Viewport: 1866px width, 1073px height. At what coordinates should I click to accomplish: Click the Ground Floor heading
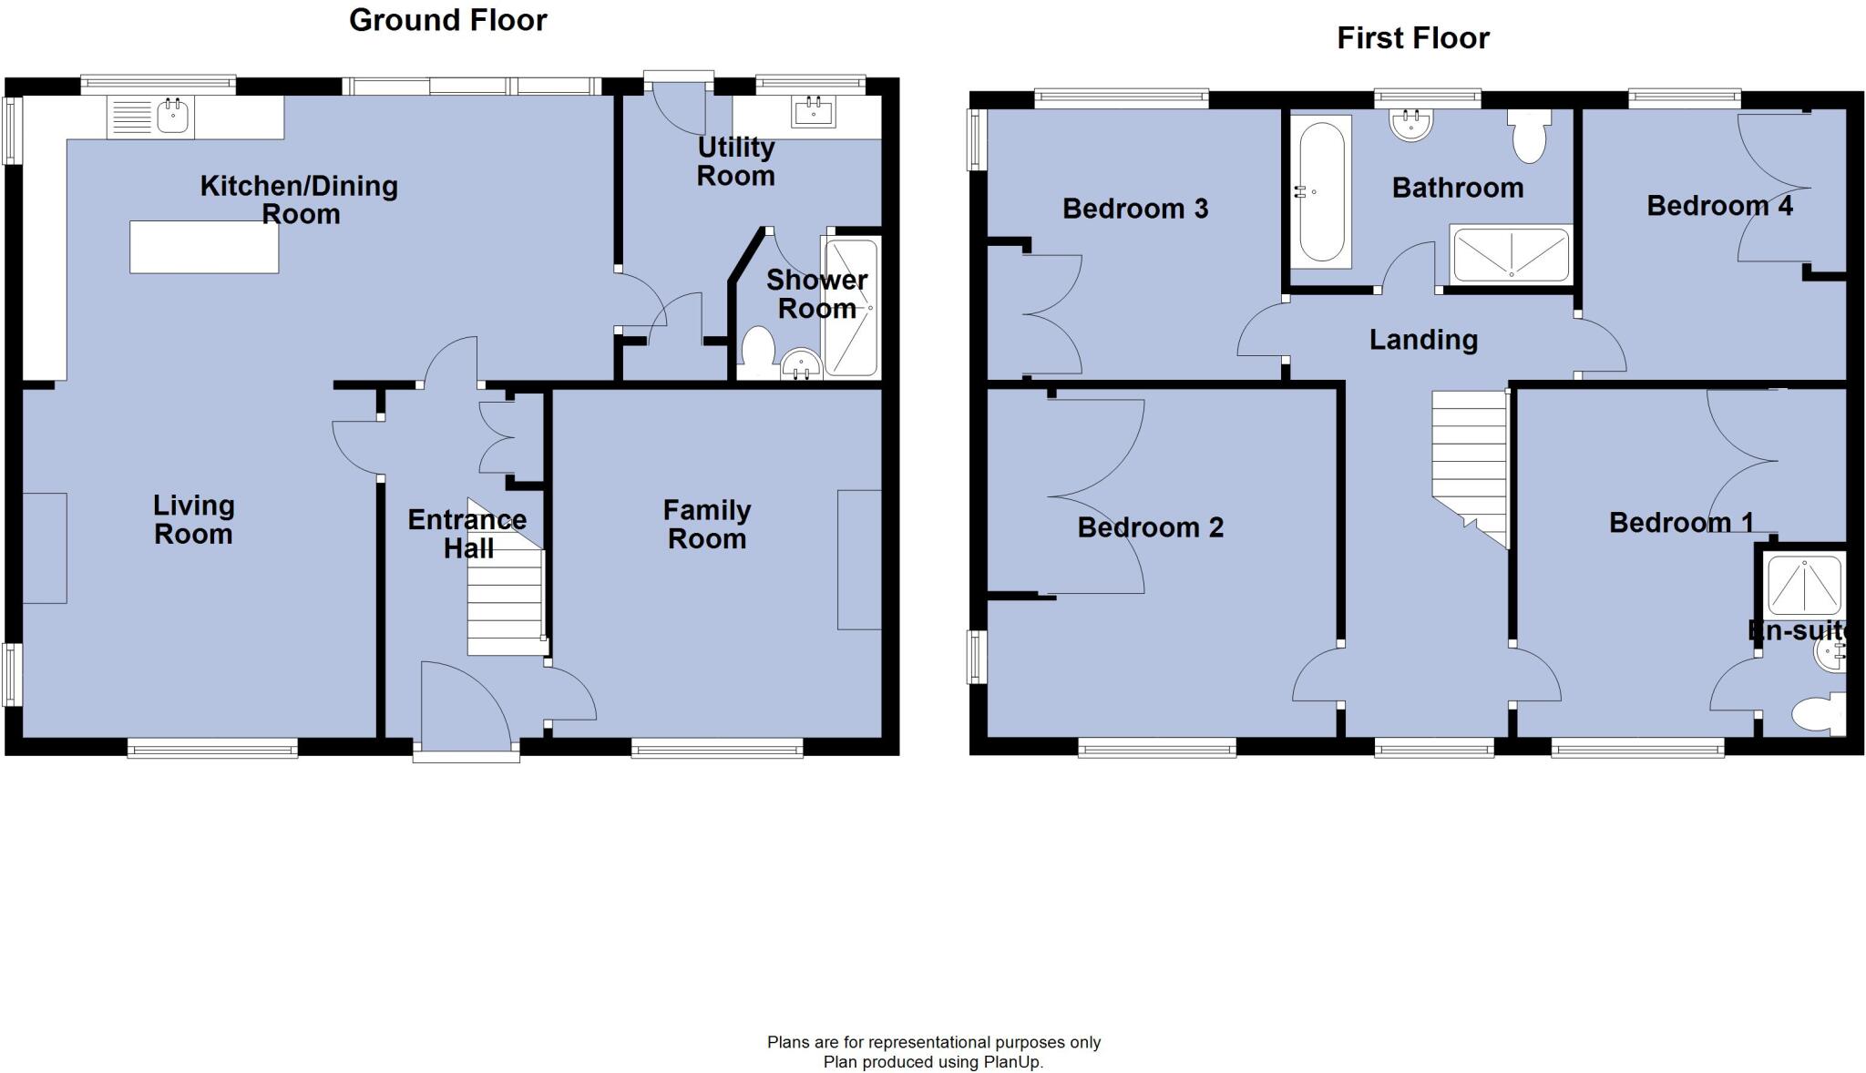pos(447,20)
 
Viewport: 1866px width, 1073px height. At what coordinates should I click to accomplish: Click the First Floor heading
pos(1412,38)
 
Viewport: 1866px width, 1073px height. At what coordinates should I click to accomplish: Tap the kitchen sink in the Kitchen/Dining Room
pos(172,117)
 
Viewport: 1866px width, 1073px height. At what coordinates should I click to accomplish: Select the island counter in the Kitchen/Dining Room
pos(204,247)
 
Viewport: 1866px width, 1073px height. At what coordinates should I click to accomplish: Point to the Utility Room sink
pos(813,113)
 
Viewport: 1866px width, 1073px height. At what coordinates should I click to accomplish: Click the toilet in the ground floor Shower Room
pos(758,347)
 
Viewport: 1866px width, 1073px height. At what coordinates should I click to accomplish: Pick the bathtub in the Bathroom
pos(1321,192)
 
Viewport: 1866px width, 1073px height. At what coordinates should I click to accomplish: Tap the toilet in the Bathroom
pos(1529,136)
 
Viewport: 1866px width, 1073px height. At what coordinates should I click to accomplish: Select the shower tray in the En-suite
pos(1804,584)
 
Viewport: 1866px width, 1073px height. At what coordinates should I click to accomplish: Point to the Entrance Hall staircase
pos(505,592)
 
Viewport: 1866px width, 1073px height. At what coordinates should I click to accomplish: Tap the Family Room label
pos(706,525)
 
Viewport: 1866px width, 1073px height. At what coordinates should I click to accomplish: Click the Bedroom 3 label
pos(1134,209)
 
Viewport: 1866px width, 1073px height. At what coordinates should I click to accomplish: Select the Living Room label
pos(193,519)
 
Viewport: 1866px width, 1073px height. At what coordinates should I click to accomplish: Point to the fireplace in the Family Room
pos(859,559)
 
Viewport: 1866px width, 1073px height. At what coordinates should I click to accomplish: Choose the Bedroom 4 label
pos(1718,206)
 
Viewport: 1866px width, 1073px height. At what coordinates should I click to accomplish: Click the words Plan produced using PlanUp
pos(933,1062)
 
